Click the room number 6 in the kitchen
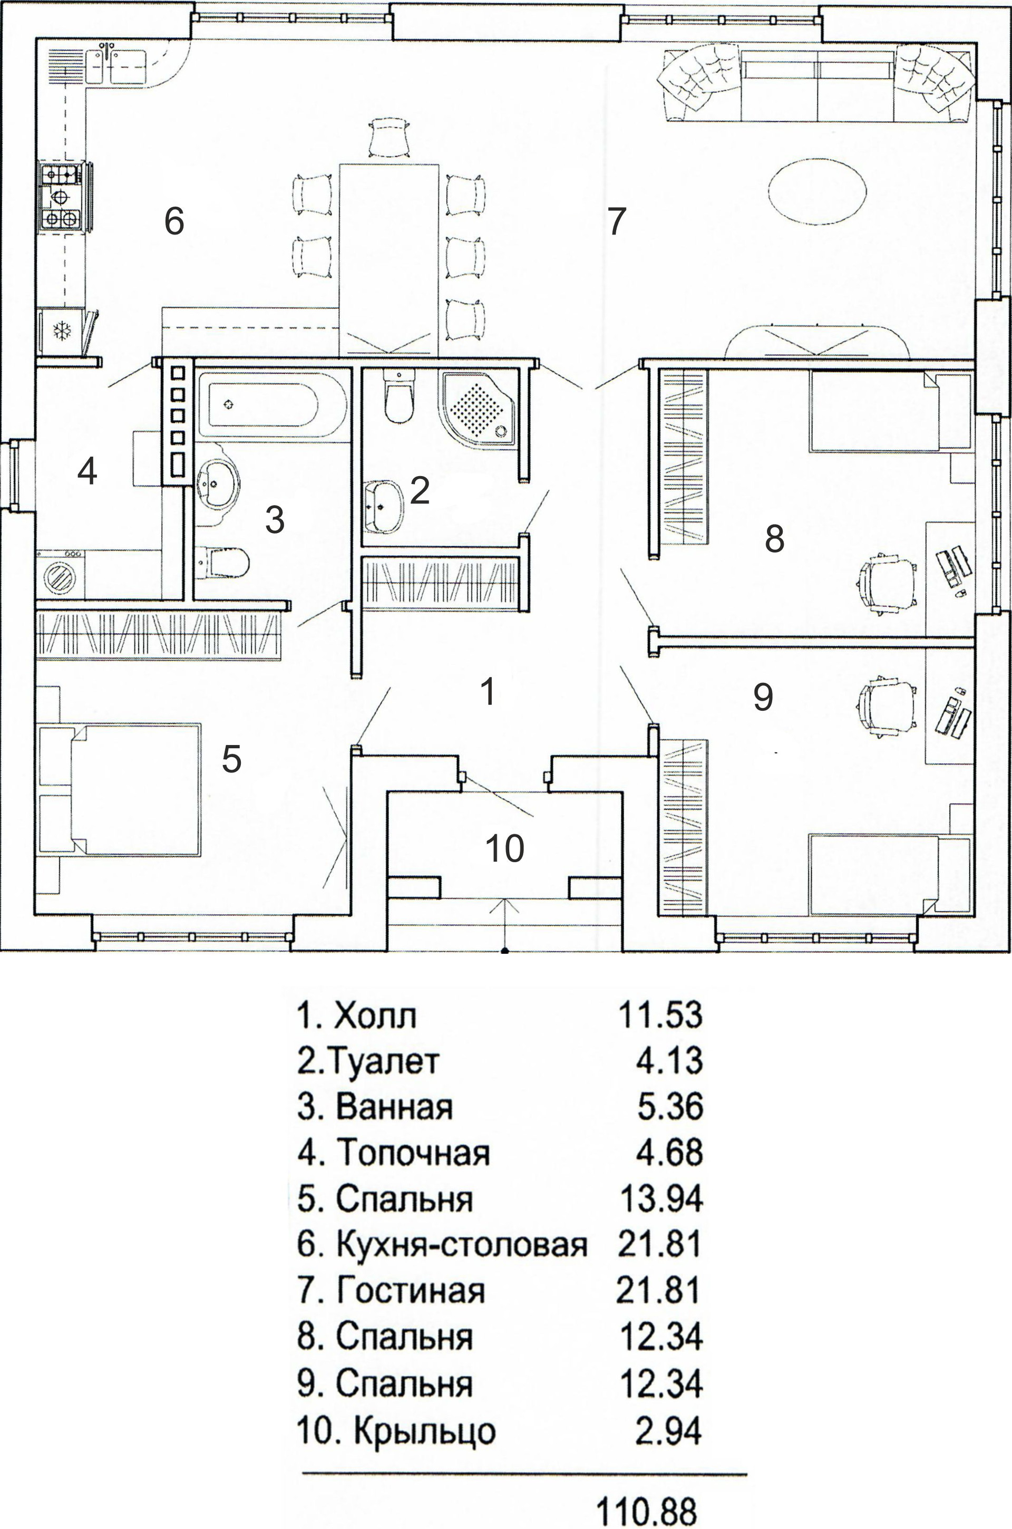click(174, 221)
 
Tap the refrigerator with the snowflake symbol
click(62, 331)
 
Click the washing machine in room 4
click(62, 574)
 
